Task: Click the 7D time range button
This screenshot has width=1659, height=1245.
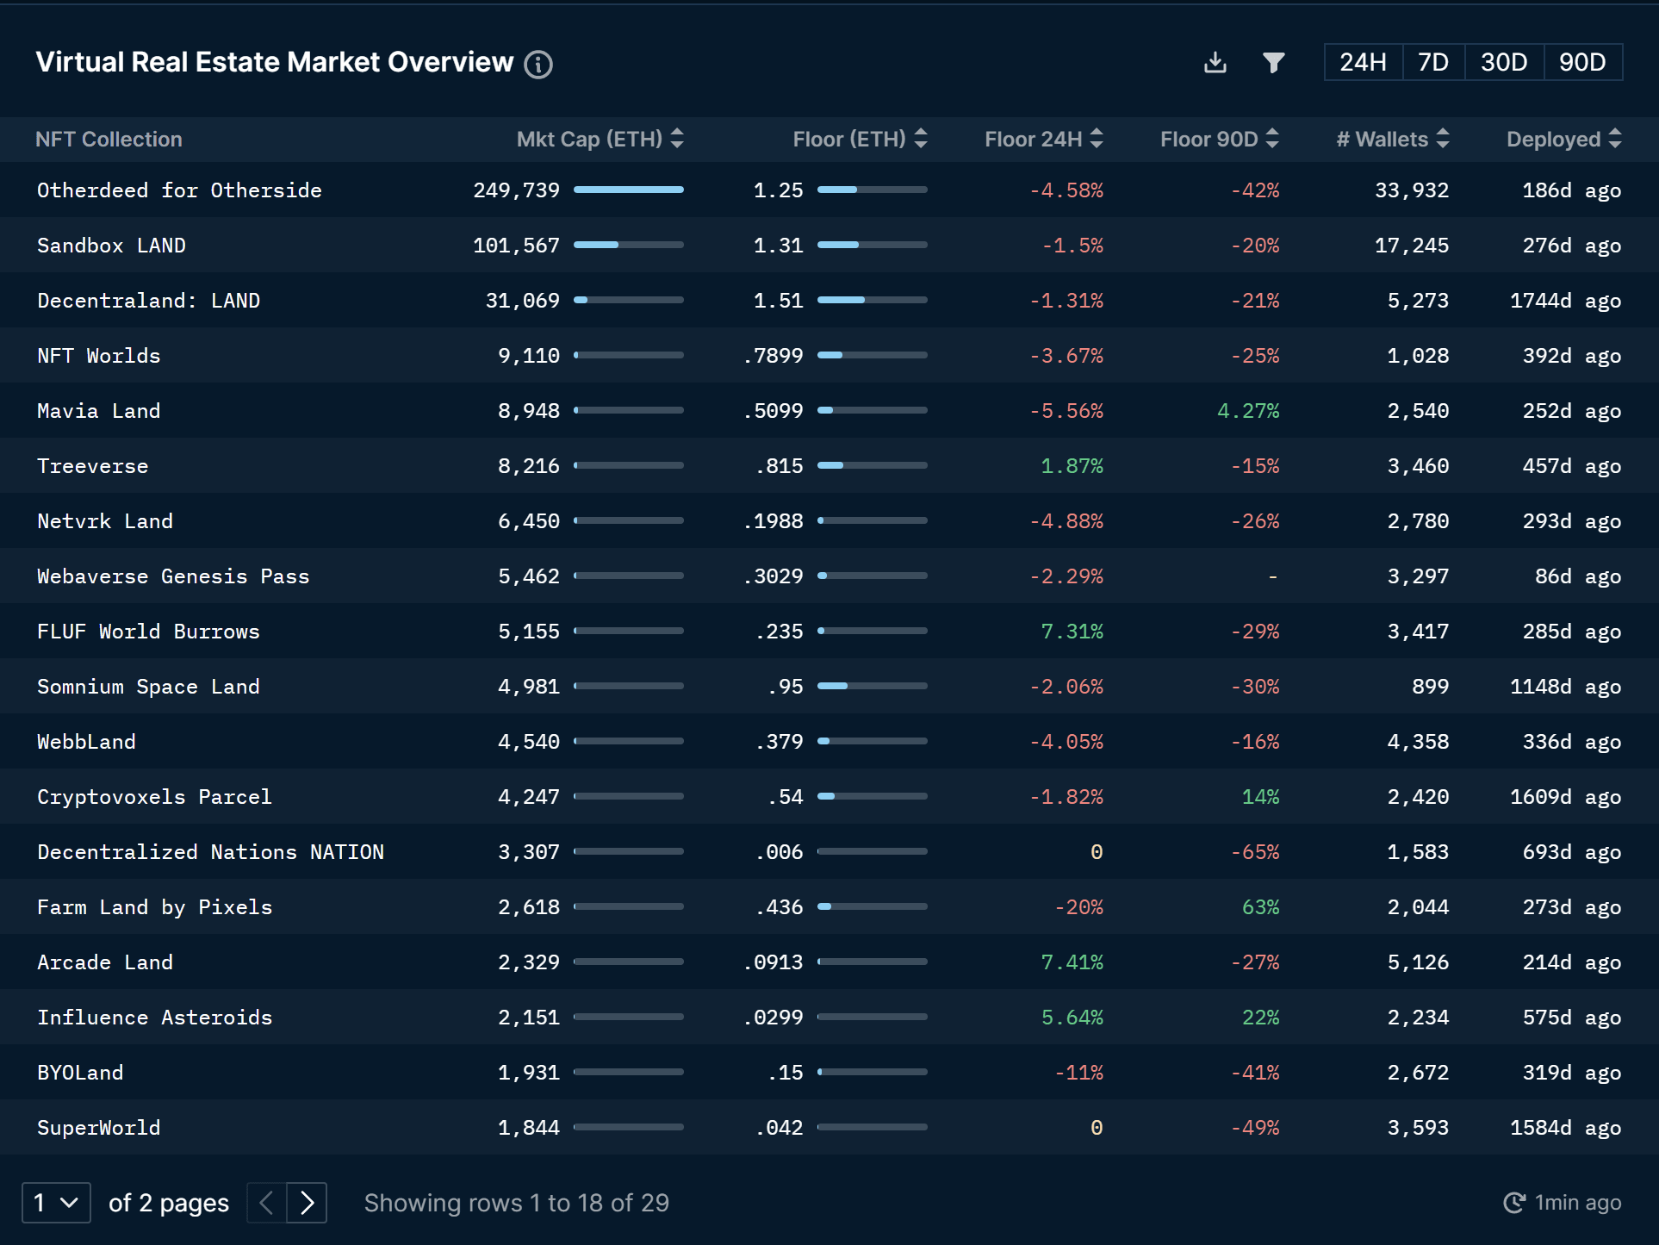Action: pos(1433,62)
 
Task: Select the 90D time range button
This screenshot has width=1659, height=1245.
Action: pos(1582,62)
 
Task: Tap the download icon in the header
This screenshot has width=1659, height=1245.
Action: pos(1215,62)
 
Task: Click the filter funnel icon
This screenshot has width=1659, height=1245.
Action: pos(1273,62)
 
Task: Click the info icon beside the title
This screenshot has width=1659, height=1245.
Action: pos(538,64)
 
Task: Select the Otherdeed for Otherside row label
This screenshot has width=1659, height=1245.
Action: pos(179,190)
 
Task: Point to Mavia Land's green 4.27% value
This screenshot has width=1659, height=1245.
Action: pos(1247,411)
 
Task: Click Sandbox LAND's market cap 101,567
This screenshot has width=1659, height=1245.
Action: pos(516,246)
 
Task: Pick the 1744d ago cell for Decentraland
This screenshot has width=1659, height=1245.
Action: pos(1565,301)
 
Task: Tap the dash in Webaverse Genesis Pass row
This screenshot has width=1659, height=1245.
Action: pos(1272,576)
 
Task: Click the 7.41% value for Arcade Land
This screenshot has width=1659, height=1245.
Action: pos(1072,962)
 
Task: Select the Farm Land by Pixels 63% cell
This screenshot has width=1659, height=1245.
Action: pos(1260,907)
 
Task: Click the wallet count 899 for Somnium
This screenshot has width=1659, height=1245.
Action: pos(1430,687)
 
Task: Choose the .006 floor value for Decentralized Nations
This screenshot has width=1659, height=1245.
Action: pos(779,852)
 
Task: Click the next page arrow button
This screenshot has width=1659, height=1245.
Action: pos(308,1203)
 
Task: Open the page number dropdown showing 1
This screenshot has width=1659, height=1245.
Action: pos(56,1203)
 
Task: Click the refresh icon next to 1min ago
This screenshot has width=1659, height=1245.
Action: pos(1513,1203)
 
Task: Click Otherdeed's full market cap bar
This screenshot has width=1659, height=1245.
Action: pos(628,190)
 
